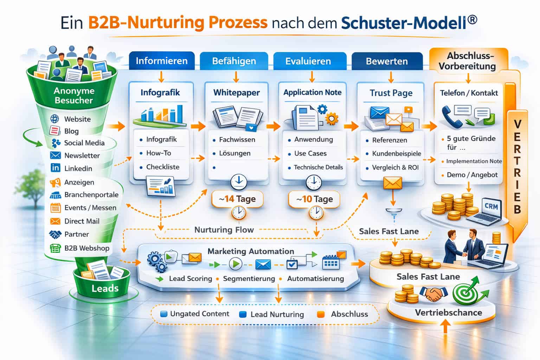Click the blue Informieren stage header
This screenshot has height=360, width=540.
(161, 61)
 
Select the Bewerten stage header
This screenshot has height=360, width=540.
(387, 61)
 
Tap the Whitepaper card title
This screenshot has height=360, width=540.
(236, 93)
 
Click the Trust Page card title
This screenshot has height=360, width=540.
(391, 93)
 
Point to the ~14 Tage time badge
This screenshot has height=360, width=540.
(238, 199)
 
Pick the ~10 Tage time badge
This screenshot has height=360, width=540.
(314, 199)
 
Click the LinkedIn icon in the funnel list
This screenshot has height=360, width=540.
(56, 168)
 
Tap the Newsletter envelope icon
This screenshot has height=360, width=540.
(56, 155)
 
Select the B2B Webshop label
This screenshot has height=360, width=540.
(87, 248)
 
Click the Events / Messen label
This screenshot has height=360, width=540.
(90, 208)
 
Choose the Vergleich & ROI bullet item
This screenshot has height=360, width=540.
(396, 168)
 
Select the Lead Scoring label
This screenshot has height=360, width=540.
(190, 279)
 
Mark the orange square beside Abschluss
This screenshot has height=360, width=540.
(320, 314)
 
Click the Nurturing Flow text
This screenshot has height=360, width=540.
(224, 230)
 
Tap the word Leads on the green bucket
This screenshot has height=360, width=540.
(105, 289)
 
